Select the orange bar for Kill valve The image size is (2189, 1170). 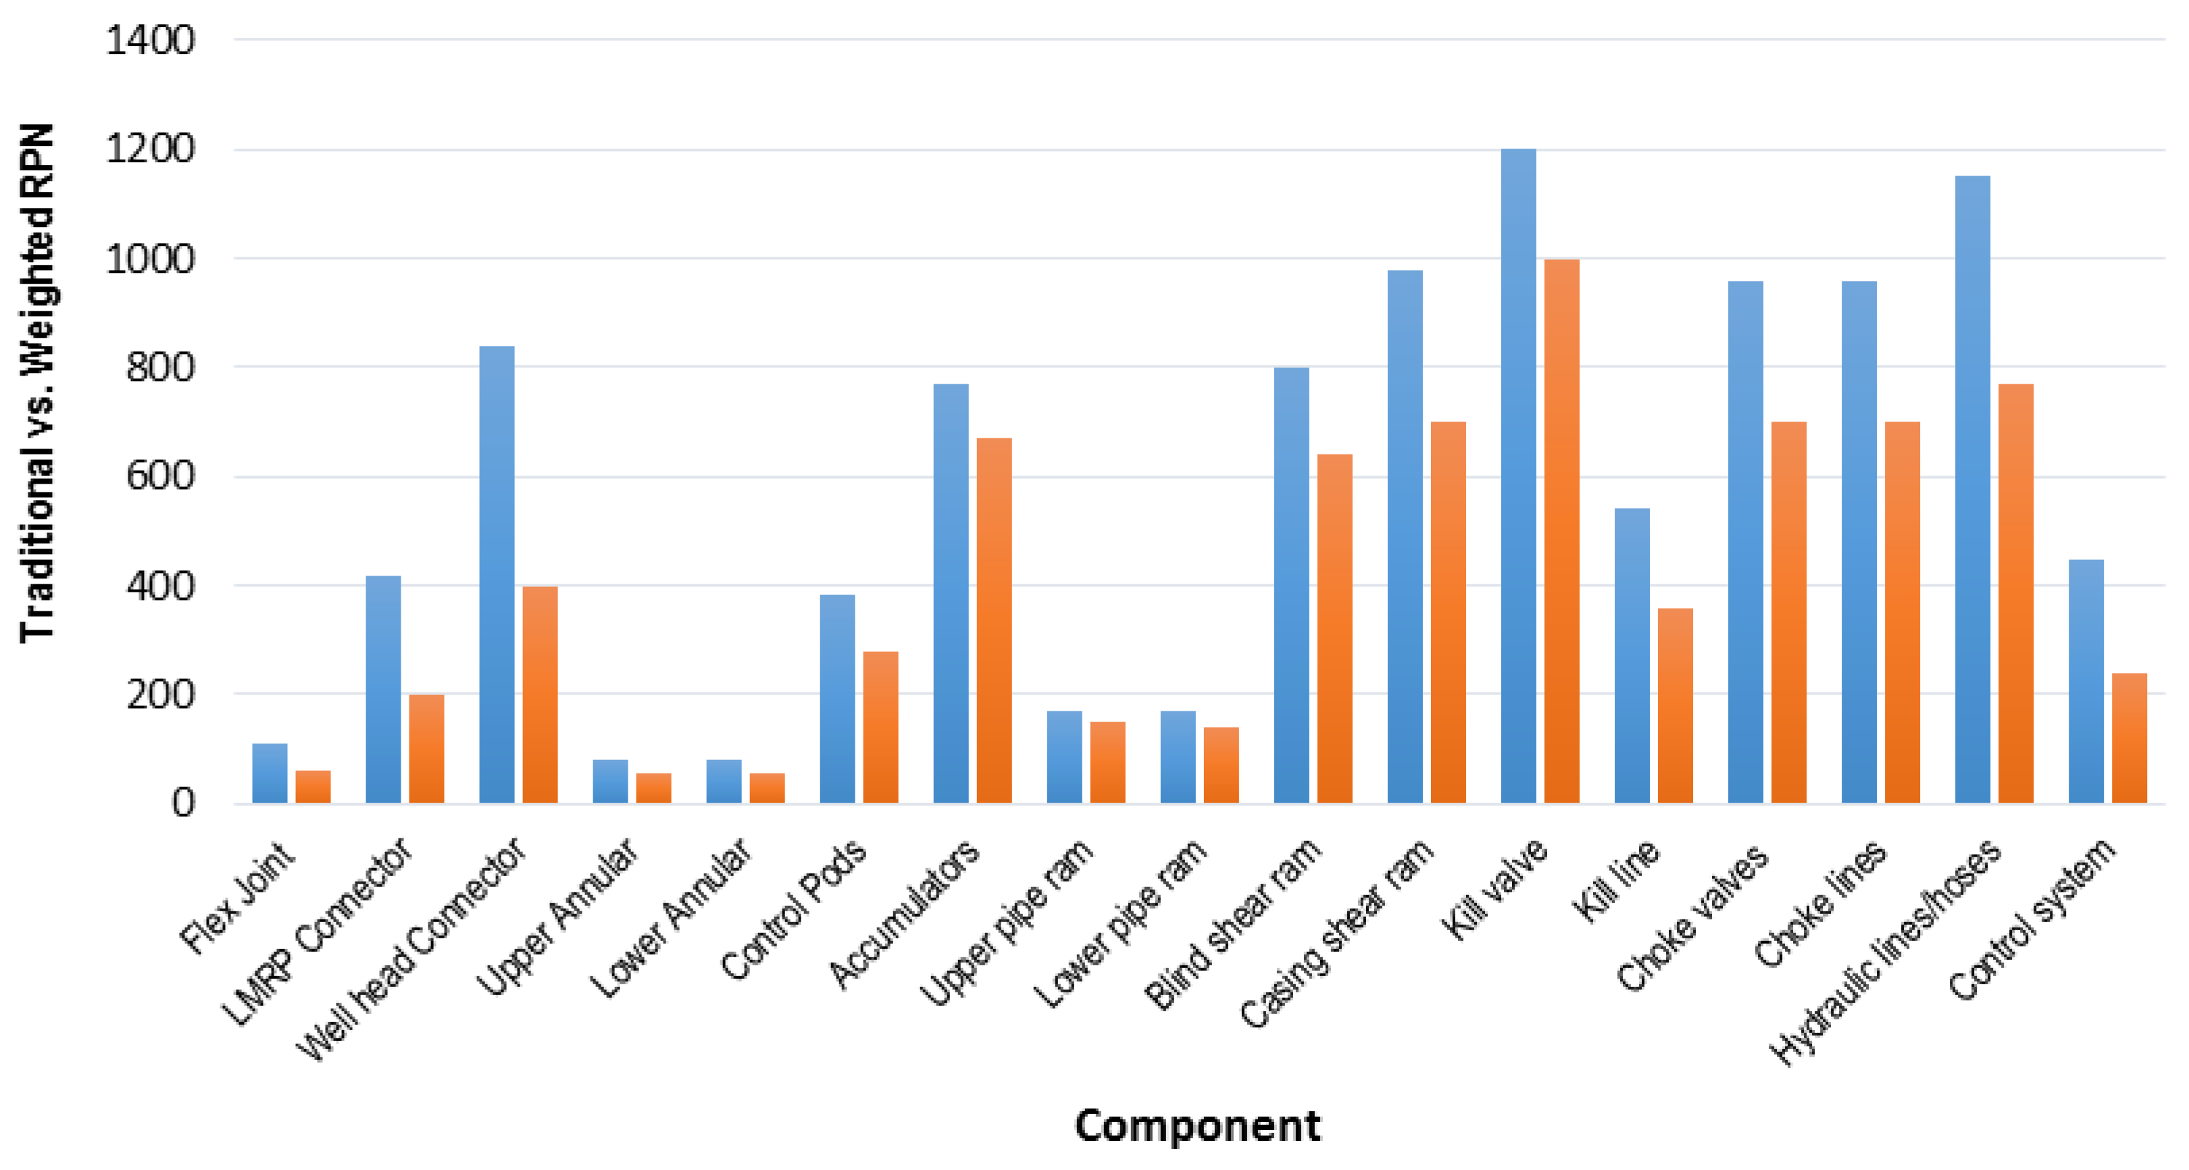point(1561,531)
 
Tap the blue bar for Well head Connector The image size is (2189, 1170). point(497,574)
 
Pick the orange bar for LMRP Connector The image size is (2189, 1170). point(426,748)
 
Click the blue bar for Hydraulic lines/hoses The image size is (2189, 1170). point(1972,489)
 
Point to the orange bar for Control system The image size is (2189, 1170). point(2129,738)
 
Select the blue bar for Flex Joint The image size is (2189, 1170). point(270,773)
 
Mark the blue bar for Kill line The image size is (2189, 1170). point(1632,655)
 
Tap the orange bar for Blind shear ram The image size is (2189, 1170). point(1334,629)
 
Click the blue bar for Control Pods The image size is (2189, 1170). point(837,698)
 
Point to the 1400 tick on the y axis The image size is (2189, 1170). point(149,40)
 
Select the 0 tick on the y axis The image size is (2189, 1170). point(182,802)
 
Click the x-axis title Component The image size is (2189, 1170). point(1197,1126)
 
